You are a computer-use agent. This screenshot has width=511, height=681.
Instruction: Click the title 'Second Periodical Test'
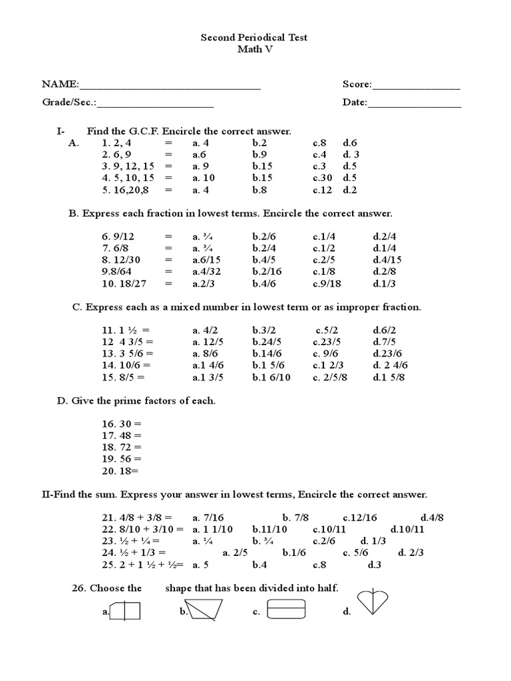[x=254, y=38]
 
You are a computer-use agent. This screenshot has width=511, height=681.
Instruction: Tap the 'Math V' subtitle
[x=254, y=50]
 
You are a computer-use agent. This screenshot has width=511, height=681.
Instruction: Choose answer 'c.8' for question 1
[x=320, y=142]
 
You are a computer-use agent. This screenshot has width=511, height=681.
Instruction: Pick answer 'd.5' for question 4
[x=350, y=178]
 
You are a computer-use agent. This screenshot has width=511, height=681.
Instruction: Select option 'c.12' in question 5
[x=322, y=190]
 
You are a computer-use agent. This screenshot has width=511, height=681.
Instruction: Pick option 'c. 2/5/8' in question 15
[x=330, y=377]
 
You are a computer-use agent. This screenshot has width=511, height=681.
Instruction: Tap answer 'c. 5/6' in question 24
[x=356, y=552]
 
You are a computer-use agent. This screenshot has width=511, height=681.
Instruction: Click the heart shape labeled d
[x=373, y=603]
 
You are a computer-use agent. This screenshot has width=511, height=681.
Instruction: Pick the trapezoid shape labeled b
[x=204, y=609]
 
